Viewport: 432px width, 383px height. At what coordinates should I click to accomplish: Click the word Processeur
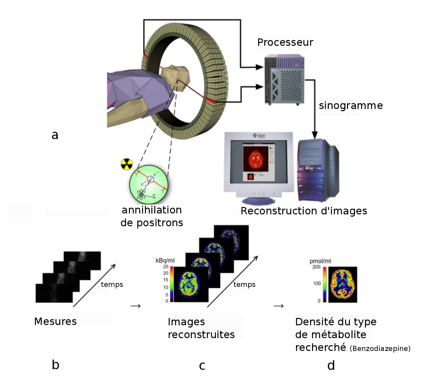click(285, 42)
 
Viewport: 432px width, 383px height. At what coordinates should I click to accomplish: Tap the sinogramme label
click(351, 105)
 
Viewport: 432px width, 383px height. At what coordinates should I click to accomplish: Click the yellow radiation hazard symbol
click(126, 164)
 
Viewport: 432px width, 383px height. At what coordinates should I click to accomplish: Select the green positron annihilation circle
click(148, 184)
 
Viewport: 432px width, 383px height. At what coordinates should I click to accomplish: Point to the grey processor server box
click(284, 80)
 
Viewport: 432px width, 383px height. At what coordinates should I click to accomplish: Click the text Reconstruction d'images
click(304, 211)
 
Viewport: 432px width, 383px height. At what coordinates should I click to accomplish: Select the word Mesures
click(55, 321)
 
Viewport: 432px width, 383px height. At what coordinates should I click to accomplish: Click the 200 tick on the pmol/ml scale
click(316, 267)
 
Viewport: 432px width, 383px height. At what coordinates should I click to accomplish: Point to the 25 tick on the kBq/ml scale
click(165, 267)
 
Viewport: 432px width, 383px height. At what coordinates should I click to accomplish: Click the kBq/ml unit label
click(165, 260)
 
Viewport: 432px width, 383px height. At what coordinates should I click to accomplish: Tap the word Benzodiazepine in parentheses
click(380, 348)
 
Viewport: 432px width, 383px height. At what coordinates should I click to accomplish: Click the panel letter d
click(331, 365)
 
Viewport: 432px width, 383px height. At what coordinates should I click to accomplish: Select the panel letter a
click(55, 135)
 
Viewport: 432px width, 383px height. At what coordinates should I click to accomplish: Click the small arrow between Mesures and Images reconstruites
click(136, 306)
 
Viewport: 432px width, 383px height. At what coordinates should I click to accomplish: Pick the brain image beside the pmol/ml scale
click(342, 284)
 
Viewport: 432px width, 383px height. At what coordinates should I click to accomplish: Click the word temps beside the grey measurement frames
click(112, 285)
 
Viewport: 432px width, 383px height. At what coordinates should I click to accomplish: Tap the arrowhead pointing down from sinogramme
click(315, 135)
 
